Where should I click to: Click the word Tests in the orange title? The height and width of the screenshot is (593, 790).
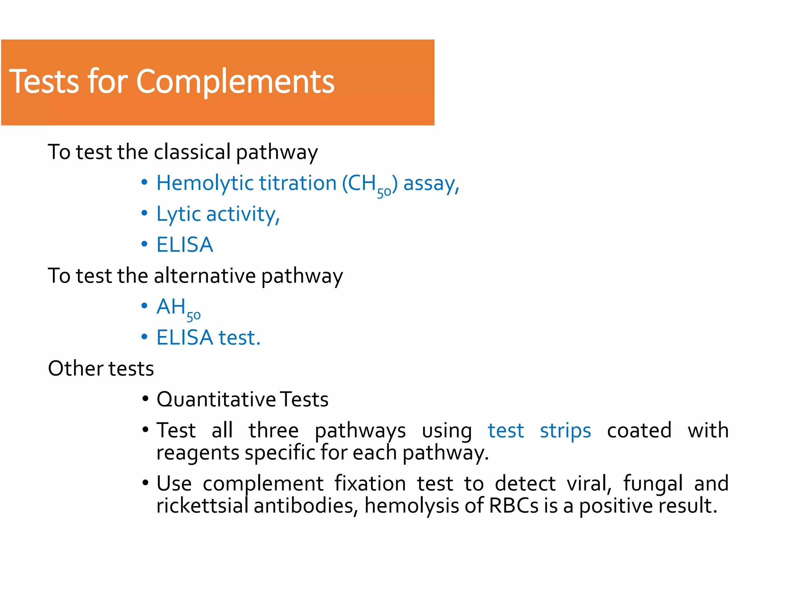coord(44,82)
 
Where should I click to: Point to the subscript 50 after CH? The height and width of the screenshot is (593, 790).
coord(384,192)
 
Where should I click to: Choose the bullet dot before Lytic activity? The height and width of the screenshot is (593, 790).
coord(144,213)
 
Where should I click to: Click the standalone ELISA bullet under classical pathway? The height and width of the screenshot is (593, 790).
coord(185,245)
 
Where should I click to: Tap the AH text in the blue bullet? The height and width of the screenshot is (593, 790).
coord(171,307)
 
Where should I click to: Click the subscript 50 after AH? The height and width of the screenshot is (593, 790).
coord(193,316)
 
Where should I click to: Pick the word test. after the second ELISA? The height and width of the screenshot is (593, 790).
coord(240,337)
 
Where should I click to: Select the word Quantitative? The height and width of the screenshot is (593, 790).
coord(216,399)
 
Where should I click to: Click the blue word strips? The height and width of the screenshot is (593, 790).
coord(565,430)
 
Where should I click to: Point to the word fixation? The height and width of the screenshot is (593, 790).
coord(370,483)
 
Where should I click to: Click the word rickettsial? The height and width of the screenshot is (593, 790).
coord(202,506)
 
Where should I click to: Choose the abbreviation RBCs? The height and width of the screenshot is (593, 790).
coord(513,506)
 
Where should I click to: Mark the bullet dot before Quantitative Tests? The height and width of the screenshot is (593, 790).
coord(145,398)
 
